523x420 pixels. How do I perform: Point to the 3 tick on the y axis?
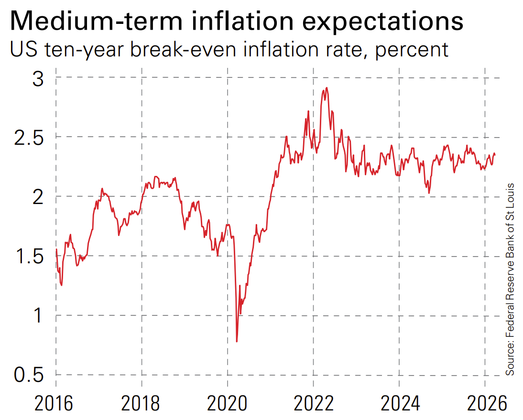pos(37,77)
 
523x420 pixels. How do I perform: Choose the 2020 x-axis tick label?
pos(228,404)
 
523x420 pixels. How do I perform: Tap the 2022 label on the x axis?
pos(314,404)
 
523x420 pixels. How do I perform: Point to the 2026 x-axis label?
pos(485,404)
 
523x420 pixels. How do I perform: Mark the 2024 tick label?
pos(400,404)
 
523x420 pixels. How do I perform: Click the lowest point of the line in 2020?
pos(237,341)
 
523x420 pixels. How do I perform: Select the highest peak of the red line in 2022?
pos(327,88)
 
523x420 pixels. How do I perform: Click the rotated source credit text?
pos(511,279)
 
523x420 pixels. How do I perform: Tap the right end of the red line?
pos(495,154)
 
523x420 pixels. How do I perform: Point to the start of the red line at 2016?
pos(56,249)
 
